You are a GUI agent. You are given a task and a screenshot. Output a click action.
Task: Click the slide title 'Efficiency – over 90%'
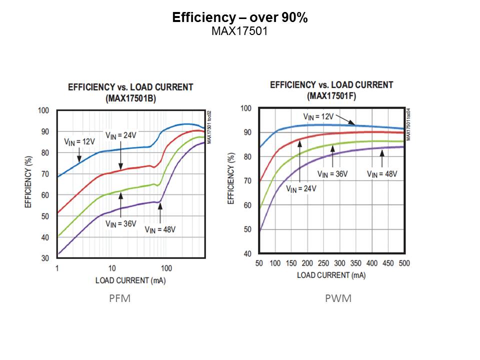(x=239, y=18)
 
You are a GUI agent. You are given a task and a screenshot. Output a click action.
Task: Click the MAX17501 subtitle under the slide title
(x=239, y=31)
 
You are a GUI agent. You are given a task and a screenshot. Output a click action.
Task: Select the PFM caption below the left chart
(x=119, y=299)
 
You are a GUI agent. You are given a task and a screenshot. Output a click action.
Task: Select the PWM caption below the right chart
(x=338, y=299)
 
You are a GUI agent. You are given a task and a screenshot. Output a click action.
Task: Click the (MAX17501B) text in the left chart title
(x=130, y=98)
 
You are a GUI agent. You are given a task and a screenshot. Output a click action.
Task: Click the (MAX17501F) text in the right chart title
(x=331, y=96)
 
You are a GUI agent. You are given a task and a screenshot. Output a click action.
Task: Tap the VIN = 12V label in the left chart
(x=80, y=141)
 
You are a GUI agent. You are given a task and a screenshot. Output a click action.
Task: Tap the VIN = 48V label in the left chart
(x=160, y=229)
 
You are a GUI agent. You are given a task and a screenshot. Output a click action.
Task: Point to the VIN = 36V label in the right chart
(x=332, y=174)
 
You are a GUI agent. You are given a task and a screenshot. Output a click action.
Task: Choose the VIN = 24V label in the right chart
(x=301, y=188)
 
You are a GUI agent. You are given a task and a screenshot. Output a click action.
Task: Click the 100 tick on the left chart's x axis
(x=166, y=268)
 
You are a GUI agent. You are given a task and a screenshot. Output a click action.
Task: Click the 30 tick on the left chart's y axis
(x=44, y=258)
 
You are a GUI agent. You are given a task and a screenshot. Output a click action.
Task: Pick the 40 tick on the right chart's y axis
(x=246, y=254)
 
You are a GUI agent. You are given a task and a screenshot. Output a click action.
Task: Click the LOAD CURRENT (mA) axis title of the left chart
(x=130, y=280)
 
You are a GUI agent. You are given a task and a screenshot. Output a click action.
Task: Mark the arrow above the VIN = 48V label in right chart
(x=382, y=159)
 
